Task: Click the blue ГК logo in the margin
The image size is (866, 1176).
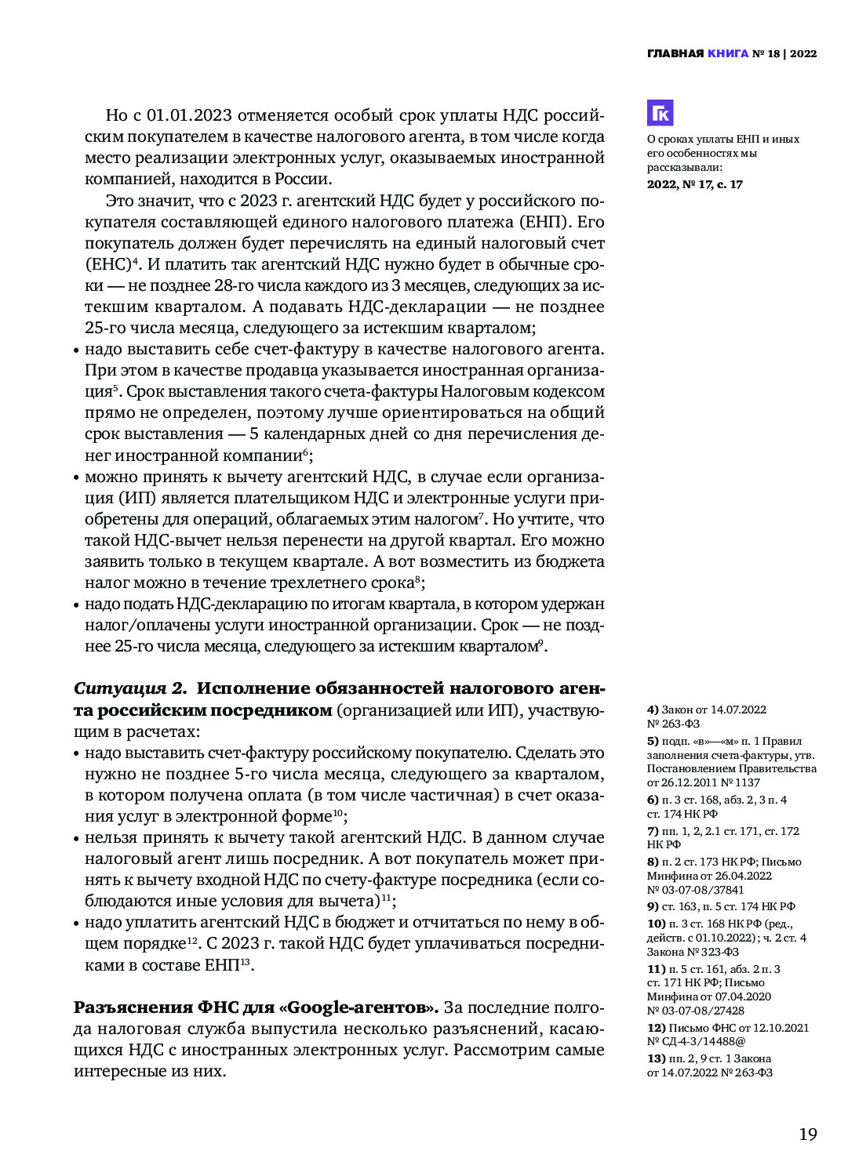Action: point(660,113)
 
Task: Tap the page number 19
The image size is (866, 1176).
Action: point(808,1134)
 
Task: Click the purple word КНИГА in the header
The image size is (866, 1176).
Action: point(728,54)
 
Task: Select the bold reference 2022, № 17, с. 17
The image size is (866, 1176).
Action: point(694,184)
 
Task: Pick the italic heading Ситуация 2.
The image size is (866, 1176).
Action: point(130,688)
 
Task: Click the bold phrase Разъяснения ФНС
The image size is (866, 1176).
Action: point(150,1007)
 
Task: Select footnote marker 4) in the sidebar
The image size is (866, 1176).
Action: point(653,710)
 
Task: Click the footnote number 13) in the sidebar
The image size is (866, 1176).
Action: point(656,1058)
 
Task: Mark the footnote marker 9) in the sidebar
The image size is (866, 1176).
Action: point(653,906)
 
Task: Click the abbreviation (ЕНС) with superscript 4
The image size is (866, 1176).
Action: point(110,264)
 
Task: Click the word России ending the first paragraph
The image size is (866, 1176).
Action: point(300,179)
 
